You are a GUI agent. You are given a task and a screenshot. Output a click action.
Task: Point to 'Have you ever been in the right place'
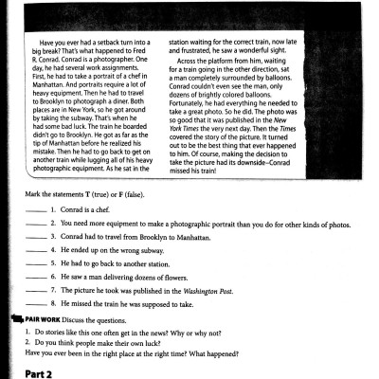tap(95, 351)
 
